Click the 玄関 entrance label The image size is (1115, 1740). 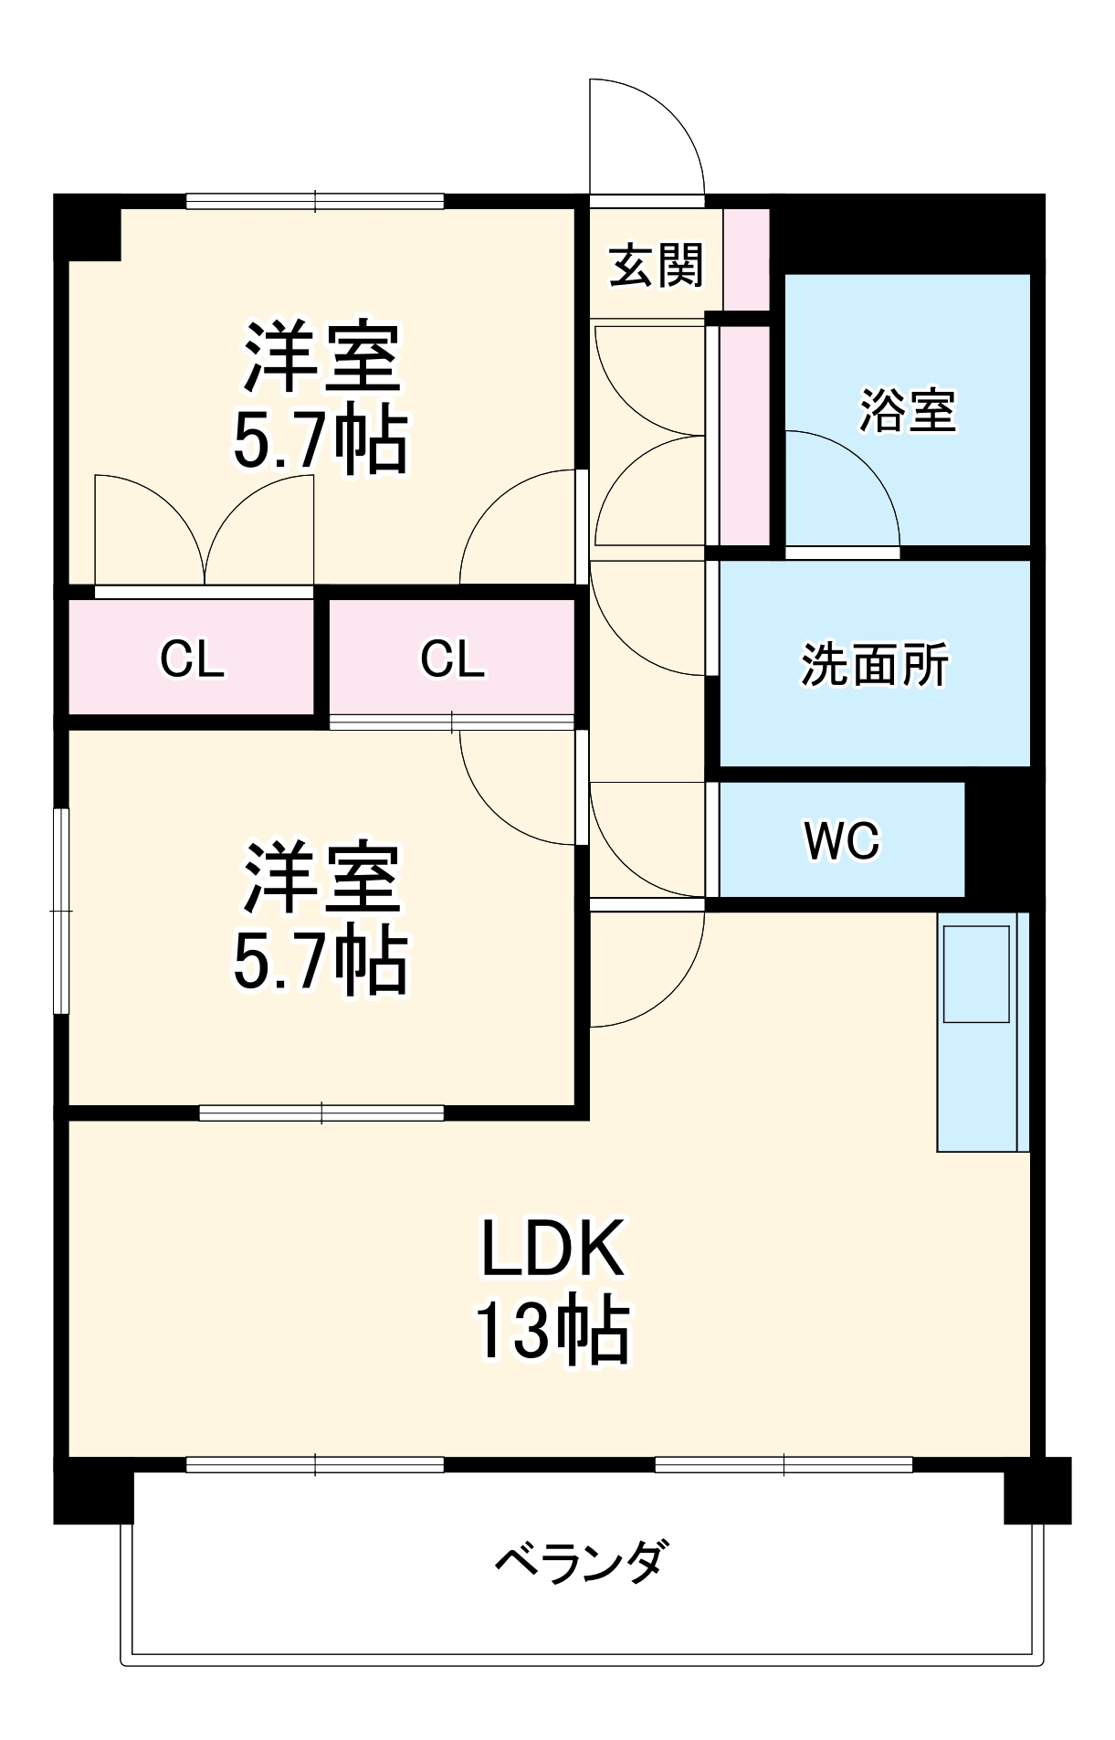pos(656,266)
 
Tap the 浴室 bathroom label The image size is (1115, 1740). pos(907,410)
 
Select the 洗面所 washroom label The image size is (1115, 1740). pos(874,665)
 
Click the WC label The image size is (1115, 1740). pos(841,840)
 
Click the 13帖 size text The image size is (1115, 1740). pos(552,1330)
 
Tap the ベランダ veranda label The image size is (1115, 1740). pos(583,1561)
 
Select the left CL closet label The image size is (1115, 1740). pos(192,659)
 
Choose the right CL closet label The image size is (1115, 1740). pos(452,659)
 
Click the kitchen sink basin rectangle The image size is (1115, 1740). pos(976,974)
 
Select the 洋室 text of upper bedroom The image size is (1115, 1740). pos(321,356)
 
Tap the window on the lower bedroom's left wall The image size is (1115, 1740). pos(61,911)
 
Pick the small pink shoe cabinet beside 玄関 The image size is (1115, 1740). pos(747,259)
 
